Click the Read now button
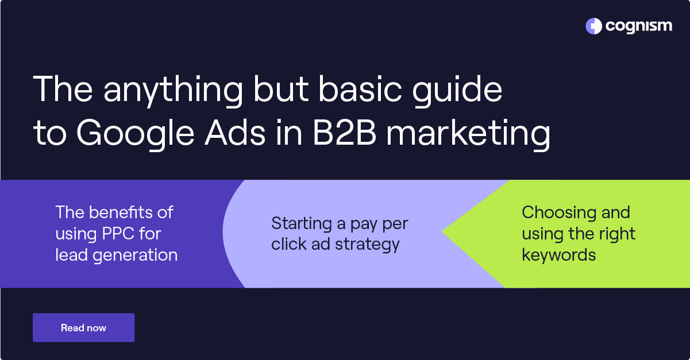click(83, 328)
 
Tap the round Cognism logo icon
click(593, 26)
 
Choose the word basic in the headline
click(360, 90)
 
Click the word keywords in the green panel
click(558, 255)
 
